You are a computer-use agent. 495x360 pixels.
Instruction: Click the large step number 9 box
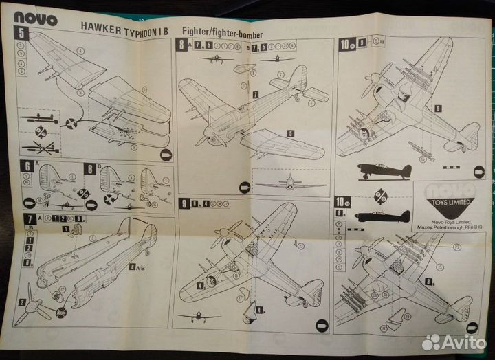(x=184, y=204)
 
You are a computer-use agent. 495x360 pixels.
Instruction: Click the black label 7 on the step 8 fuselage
(x=255, y=93)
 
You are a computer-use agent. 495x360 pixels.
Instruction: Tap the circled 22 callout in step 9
(x=300, y=246)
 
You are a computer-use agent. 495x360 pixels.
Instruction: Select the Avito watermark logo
(x=454, y=341)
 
